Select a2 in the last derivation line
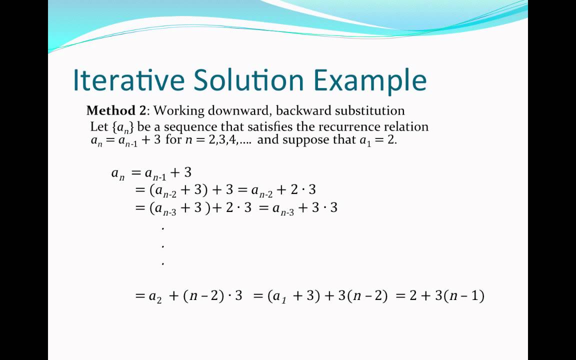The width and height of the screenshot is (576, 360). (x=155, y=296)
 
